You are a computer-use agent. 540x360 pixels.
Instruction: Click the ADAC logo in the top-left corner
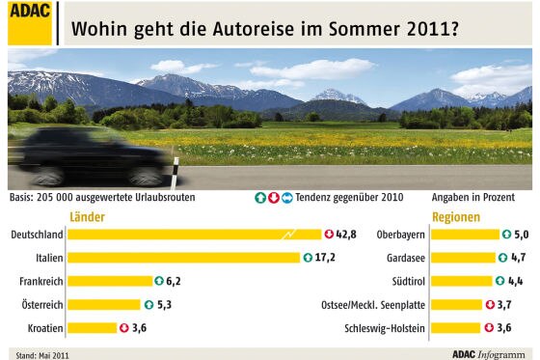30,22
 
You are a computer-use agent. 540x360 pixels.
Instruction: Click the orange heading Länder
88,217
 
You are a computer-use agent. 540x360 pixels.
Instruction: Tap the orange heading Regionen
455,217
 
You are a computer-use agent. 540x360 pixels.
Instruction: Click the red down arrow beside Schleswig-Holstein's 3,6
490,327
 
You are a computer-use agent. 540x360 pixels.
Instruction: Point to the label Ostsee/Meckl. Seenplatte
372,304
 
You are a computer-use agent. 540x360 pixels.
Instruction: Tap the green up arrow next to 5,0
506,235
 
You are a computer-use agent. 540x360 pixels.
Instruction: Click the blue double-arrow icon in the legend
286,198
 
